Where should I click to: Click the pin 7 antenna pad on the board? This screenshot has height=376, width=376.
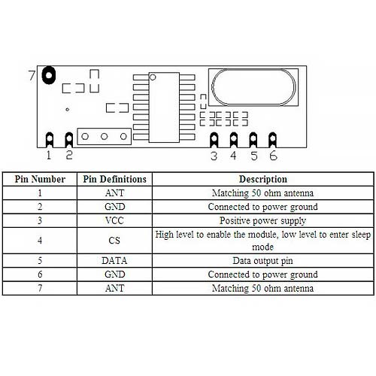click(48, 75)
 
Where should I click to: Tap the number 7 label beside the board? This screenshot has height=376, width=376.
click(32, 75)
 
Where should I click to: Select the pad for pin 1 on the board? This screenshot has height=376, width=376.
click(50, 139)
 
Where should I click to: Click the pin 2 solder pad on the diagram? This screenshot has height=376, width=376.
click(69, 139)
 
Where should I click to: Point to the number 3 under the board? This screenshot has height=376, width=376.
click(214, 156)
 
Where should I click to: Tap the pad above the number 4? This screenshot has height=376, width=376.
click(233, 140)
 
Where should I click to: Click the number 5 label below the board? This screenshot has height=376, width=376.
click(253, 156)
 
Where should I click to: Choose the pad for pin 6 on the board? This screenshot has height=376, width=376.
click(272, 140)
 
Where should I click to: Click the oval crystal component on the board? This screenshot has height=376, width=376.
click(253, 87)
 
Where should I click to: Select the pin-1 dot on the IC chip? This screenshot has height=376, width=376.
click(153, 77)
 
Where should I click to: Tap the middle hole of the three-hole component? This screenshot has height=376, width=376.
click(105, 136)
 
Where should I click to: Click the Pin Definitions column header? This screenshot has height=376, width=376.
click(114, 179)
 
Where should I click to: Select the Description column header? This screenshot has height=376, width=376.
click(263, 179)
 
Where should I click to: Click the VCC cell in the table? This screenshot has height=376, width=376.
click(114, 220)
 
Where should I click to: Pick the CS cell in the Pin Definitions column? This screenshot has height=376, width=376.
click(114, 241)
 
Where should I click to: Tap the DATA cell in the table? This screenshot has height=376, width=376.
click(114, 261)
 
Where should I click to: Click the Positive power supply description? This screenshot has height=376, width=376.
click(263, 221)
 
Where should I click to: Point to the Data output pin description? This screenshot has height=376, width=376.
click(262, 261)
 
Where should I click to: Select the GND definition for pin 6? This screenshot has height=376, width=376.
click(115, 274)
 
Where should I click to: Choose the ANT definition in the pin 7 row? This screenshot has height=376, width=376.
click(115, 288)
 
